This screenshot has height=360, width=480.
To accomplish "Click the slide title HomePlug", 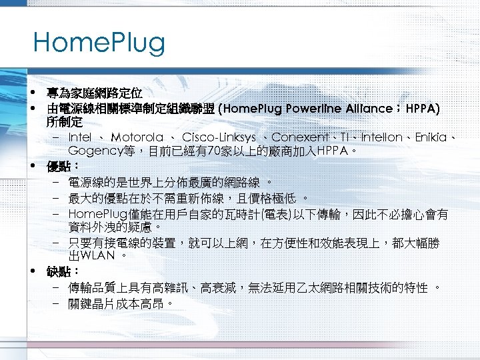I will [x=99, y=44].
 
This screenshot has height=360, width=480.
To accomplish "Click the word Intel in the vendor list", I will [x=80, y=137].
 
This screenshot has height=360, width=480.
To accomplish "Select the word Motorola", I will [x=137, y=137].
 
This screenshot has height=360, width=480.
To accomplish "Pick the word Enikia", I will [x=431, y=137].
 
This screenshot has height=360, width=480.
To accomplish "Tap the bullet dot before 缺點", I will [x=32, y=271].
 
